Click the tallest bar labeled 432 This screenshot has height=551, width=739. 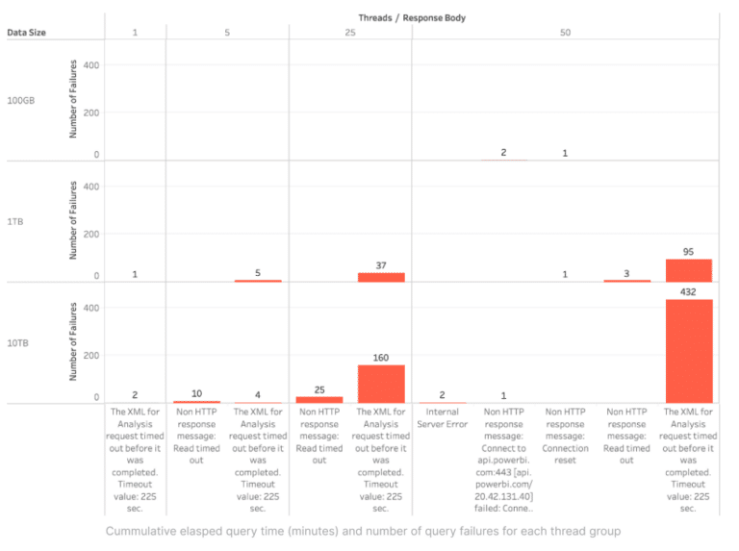[x=688, y=351]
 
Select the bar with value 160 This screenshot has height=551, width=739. [x=381, y=384]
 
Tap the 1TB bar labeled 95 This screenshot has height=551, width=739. [x=688, y=270]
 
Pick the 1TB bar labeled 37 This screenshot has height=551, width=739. [x=381, y=277]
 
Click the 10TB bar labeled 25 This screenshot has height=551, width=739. [x=319, y=399]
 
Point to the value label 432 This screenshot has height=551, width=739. [x=688, y=291]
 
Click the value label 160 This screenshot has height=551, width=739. [x=381, y=358]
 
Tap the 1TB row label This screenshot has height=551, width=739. [x=16, y=221]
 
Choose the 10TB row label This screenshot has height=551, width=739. [x=19, y=342]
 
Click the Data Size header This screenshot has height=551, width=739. [x=26, y=32]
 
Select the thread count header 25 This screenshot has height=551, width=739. [x=350, y=32]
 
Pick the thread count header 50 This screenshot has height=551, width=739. [x=565, y=32]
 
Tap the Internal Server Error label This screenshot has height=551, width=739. [x=443, y=417]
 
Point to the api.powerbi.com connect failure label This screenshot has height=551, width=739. [x=503, y=460]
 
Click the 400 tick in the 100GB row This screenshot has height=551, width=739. [x=92, y=65]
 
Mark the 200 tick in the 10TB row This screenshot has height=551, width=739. [x=92, y=356]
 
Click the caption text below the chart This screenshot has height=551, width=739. [x=363, y=531]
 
